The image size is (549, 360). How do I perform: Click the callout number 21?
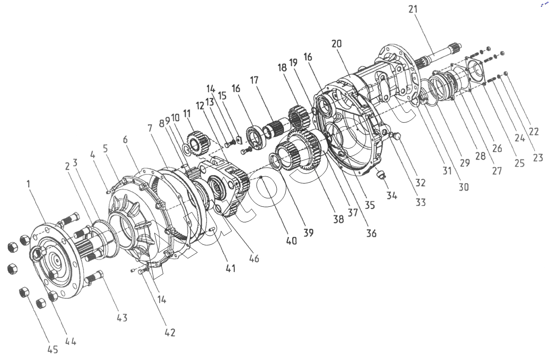point(414,9)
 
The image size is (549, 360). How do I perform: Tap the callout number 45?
point(53,350)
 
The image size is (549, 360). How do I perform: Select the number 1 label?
point(28,184)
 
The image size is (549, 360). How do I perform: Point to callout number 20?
point(337,43)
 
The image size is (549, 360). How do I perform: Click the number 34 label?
point(392,195)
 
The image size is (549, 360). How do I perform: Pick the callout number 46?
point(253,258)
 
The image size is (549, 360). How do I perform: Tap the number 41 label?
point(230,268)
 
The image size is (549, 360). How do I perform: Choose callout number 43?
point(122,317)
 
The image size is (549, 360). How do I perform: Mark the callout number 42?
point(170,332)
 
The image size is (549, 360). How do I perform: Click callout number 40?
point(291,241)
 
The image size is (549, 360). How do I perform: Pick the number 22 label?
point(534,131)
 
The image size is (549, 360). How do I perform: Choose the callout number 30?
point(464,186)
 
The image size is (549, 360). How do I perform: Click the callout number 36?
point(372,233)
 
